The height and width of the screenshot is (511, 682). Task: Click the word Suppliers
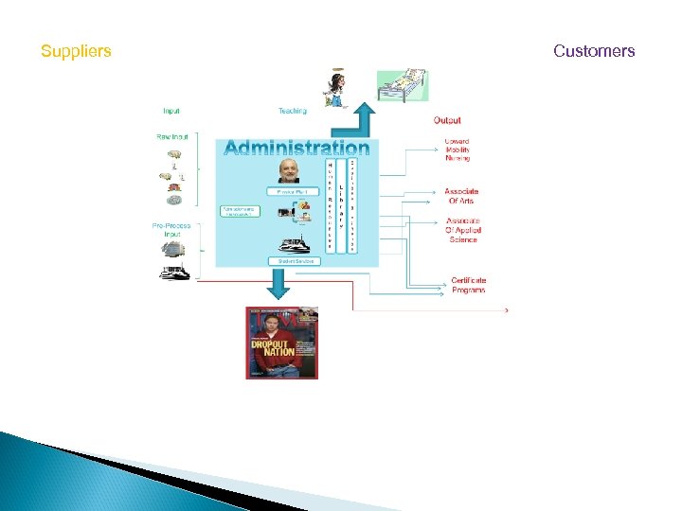76,51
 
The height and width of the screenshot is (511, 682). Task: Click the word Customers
594,51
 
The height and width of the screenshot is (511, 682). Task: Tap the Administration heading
296,148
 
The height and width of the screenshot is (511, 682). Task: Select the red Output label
447,120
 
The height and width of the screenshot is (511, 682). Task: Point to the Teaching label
293,111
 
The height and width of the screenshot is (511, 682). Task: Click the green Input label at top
172,111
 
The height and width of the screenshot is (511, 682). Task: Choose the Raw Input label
172,136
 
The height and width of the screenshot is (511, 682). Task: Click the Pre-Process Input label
171,229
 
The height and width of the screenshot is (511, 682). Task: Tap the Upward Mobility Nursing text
458,150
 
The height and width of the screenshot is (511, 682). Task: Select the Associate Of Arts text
461,196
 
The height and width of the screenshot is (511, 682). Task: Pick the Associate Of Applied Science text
463,230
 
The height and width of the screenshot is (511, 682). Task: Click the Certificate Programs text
468,285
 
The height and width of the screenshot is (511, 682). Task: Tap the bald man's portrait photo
287,170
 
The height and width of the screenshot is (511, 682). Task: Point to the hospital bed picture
403,84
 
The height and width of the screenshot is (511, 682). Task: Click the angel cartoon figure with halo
334,87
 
